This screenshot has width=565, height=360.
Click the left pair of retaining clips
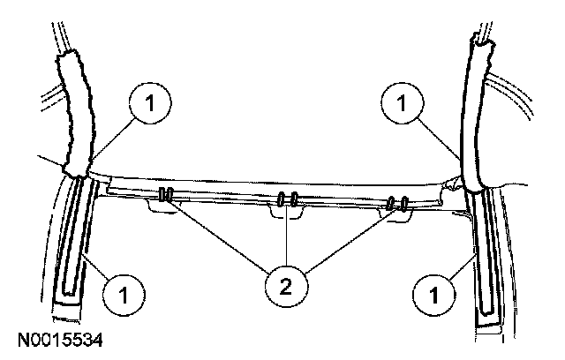165,195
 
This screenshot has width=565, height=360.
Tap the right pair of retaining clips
398,204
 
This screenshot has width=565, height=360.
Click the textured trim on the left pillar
72,110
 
